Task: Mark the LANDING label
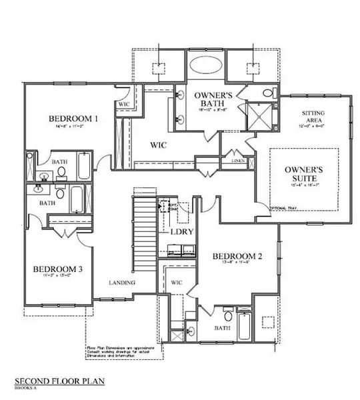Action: click(x=123, y=283)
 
